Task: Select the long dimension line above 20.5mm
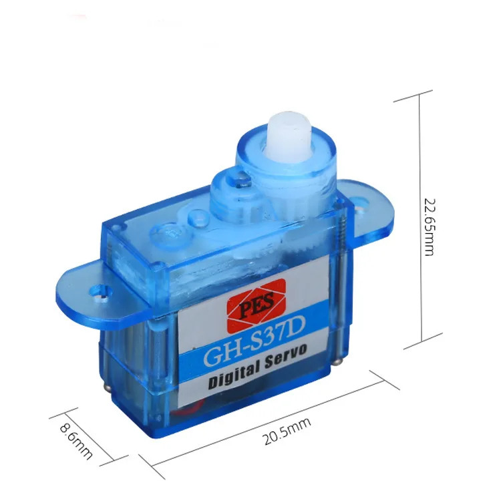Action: point(267,424)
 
